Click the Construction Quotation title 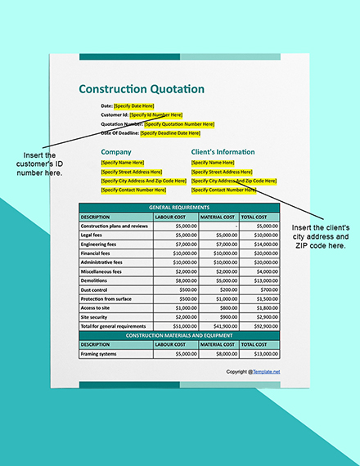point(142,88)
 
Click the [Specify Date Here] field point(134,106)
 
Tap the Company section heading point(116,151)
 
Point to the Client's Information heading point(223,151)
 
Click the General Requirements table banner point(179,208)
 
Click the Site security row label point(95,316)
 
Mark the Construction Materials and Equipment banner point(179,335)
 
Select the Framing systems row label point(99,354)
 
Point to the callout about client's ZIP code point(320,236)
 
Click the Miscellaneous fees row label point(101,271)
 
